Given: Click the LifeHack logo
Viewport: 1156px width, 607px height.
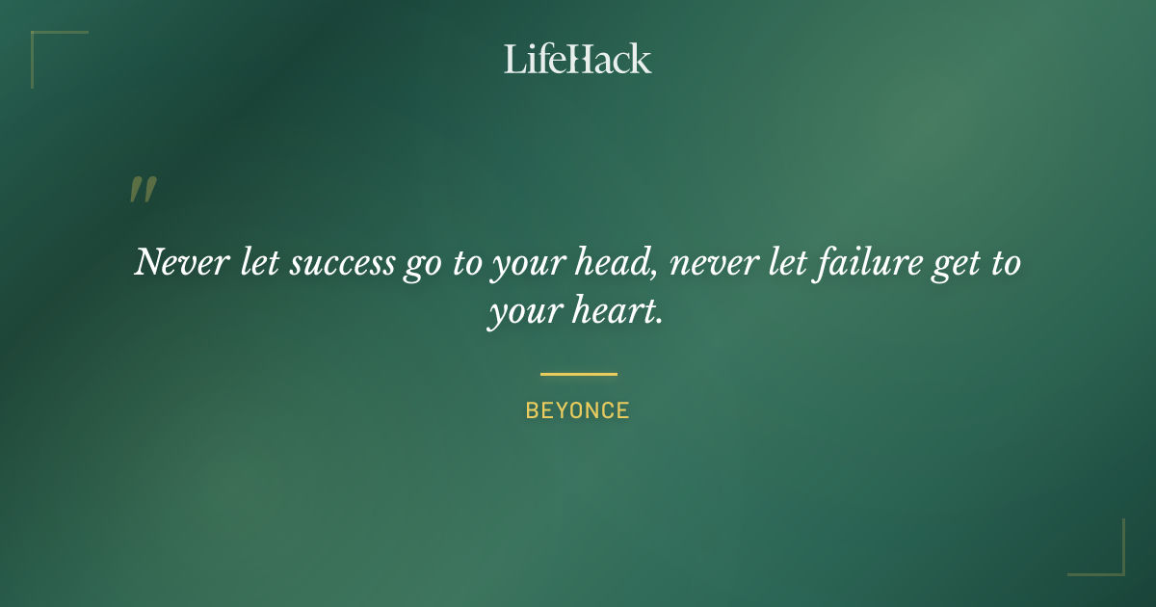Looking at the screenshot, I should click(577, 59).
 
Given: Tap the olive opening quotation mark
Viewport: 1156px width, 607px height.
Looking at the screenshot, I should click(142, 190).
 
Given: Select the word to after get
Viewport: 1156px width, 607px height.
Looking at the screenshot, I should click(1005, 263).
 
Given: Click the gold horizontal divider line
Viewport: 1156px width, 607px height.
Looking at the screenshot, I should click(578, 374).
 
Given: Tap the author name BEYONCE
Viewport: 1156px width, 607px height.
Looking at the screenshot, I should click(577, 411).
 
